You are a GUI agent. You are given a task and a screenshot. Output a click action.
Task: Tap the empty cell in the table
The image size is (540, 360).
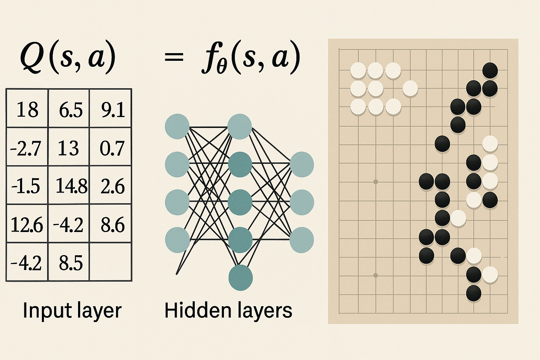pos(111,262)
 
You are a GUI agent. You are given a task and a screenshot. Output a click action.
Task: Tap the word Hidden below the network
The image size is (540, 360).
pos(190,310)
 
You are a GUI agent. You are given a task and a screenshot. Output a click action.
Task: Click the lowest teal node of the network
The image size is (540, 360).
pos(240,278)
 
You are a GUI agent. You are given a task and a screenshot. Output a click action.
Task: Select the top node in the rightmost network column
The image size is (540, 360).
pos(302,164)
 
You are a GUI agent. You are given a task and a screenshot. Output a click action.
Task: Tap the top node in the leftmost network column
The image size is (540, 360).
pos(177,126)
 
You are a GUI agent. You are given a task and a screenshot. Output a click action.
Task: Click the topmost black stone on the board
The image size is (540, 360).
pos(490,70)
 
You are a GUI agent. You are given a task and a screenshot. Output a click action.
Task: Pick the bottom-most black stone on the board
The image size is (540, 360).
pos(474,293)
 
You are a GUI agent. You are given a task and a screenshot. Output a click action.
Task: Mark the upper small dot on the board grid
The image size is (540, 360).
pos(375,182)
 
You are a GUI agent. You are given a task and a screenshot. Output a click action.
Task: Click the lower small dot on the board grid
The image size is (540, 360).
pos(375,275)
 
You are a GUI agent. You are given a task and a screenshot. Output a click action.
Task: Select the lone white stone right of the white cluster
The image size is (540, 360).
pos(410,88)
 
